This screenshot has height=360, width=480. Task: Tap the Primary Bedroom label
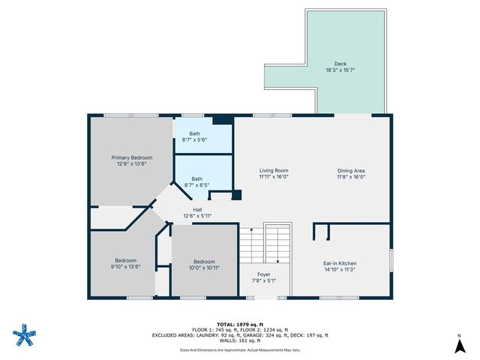[131, 157]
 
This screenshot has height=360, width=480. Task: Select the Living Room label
[274, 170]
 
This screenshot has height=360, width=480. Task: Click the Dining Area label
[350, 170]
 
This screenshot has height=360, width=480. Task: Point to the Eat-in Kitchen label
[340, 263]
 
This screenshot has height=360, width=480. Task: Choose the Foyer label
[264, 274]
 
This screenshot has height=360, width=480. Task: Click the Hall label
[197, 209]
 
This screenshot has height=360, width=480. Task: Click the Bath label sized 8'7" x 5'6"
[194, 133]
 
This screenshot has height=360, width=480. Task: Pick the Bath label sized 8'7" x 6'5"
[196, 178]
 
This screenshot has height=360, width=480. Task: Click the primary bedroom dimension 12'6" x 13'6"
[131, 163]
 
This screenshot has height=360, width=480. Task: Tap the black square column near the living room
[236, 196]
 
